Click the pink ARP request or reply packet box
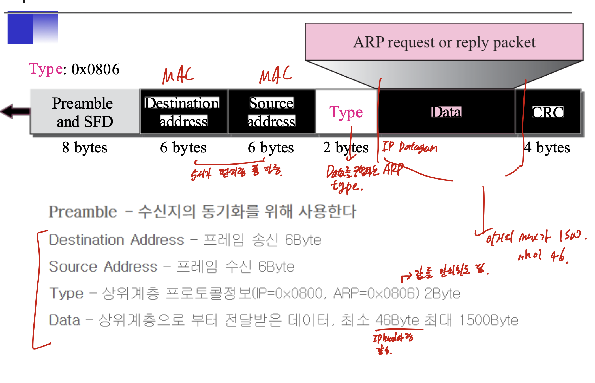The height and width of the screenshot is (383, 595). [x=444, y=42]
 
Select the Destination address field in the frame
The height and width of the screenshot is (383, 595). [x=184, y=112]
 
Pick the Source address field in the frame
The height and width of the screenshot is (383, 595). [x=271, y=112]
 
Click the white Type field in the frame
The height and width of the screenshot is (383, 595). [x=346, y=112]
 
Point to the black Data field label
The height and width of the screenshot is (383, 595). [x=446, y=112]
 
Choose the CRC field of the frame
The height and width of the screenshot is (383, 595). [x=547, y=112]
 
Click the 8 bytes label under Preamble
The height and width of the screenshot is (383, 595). [x=84, y=147]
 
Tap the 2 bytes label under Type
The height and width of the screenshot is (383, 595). [x=345, y=147]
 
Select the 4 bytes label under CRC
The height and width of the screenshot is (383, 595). [x=547, y=147]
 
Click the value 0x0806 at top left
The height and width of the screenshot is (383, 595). [x=95, y=69]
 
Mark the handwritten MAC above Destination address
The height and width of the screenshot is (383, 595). [x=178, y=75]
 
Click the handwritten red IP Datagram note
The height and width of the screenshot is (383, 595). [x=409, y=147]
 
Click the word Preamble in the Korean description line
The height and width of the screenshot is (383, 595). [x=83, y=212]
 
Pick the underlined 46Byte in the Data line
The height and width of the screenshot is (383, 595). [x=397, y=320]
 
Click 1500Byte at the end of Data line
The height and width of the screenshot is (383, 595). [x=489, y=320]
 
